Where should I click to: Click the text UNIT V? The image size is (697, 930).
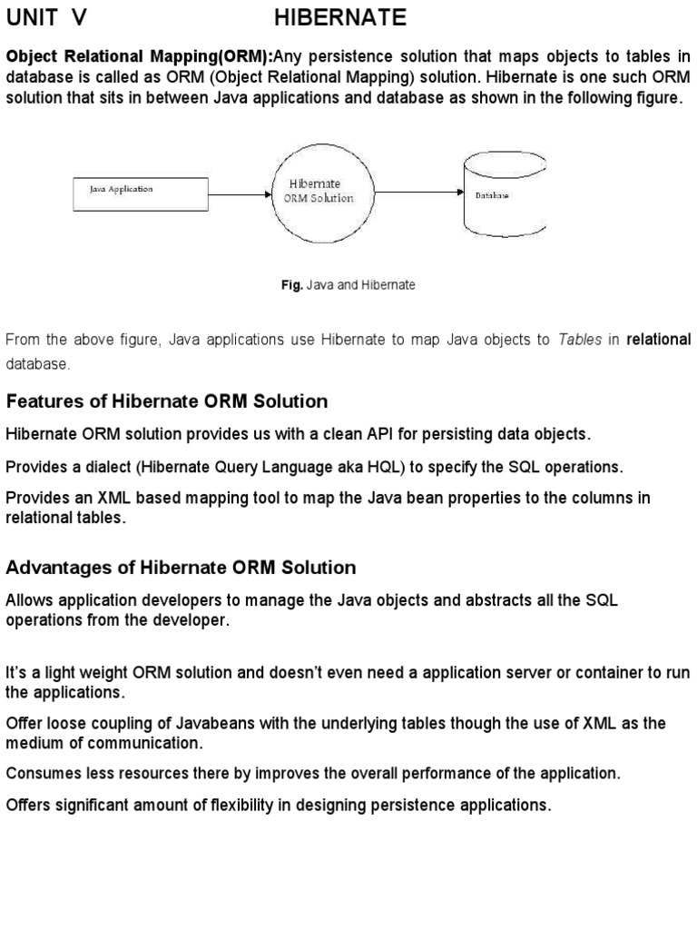pyautogui.click(x=49, y=17)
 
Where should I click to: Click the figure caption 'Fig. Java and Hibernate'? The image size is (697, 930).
pyautogui.click(x=348, y=284)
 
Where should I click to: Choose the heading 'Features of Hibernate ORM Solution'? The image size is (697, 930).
pyautogui.click(x=167, y=401)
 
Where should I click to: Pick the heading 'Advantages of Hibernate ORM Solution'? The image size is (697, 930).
pyautogui.click(x=181, y=568)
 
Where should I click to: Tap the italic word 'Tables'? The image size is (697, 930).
pyautogui.click(x=580, y=340)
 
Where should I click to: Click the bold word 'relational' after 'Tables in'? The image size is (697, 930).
pyautogui.click(x=659, y=340)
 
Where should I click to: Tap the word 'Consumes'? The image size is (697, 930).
pyautogui.click(x=44, y=774)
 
